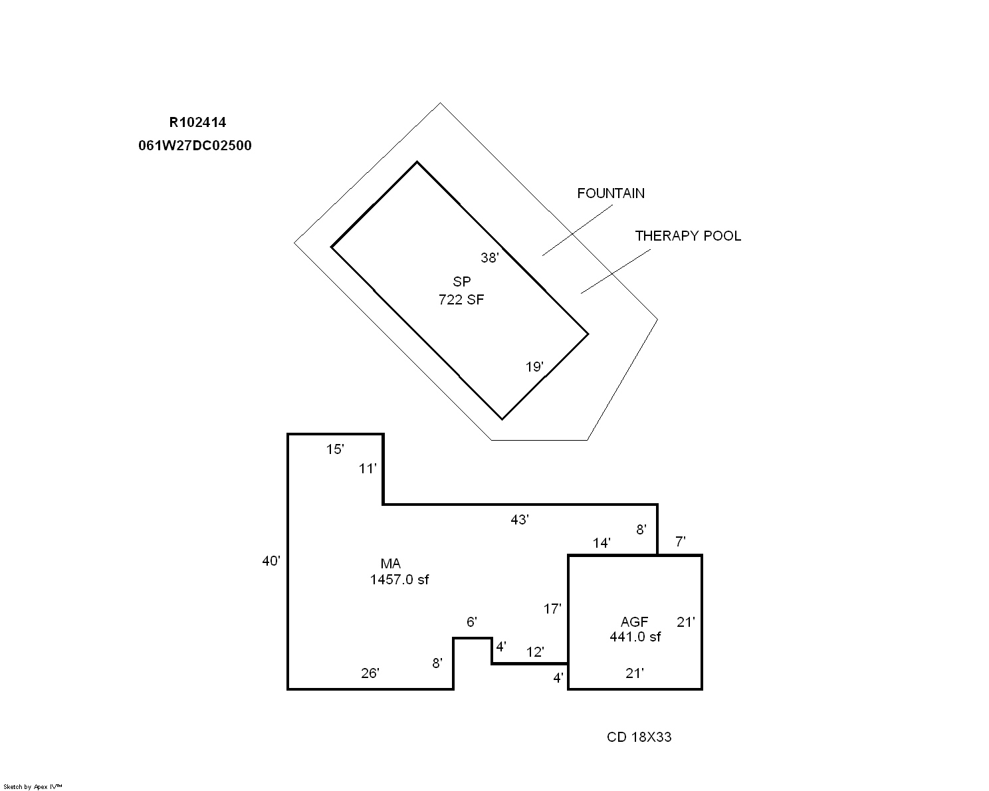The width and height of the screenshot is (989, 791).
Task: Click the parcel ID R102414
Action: (x=197, y=122)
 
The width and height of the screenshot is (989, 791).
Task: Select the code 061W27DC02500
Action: (x=195, y=146)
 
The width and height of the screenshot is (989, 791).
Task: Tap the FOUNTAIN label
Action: (x=611, y=193)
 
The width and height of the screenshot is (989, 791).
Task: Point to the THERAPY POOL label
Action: (x=688, y=236)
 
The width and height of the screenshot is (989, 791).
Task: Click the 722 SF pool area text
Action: (x=461, y=300)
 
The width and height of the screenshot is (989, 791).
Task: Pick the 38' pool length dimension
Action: (x=489, y=257)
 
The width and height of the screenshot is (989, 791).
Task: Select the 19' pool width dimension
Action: (x=534, y=366)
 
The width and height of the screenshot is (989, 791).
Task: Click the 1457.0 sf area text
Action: (x=399, y=580)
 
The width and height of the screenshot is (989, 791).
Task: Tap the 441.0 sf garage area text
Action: (x=635, y=637)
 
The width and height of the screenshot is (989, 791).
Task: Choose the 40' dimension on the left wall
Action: (x=271, y=561)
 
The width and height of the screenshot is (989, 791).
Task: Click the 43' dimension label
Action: (x=520, y=519)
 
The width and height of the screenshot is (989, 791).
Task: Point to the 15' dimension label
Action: (x=335, y=449)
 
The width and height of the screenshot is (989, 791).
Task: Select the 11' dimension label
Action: (x=367, y=469)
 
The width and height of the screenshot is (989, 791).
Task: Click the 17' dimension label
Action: (x=552, y=608)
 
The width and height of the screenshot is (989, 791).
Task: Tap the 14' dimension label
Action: (x=602, y=543)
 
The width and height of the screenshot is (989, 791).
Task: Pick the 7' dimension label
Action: (x=680, y=542)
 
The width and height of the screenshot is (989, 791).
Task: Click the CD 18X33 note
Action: (x=639, y=736)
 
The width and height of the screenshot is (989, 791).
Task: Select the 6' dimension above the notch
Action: (x=472, y=622)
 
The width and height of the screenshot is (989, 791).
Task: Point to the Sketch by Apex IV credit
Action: (x=33, y=786)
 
